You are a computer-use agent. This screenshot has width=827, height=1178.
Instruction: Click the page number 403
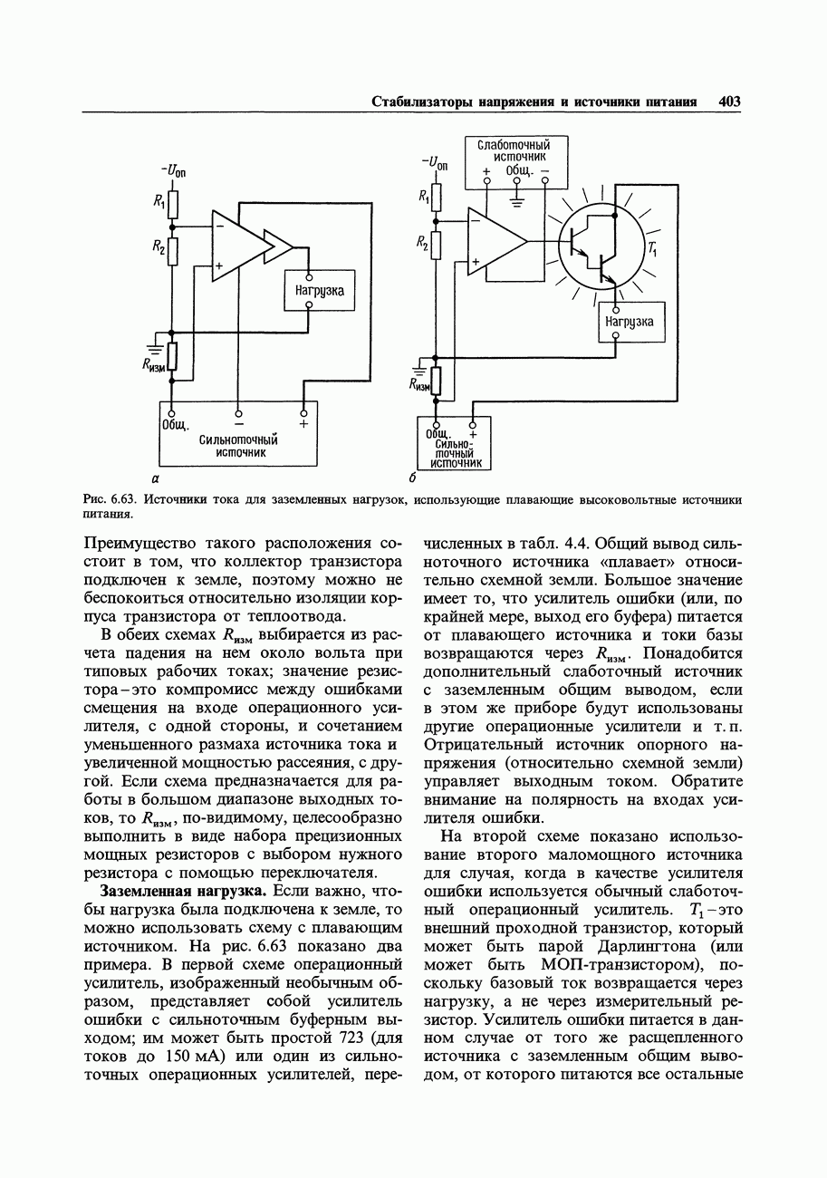pyautogui.click(x=729, y=101)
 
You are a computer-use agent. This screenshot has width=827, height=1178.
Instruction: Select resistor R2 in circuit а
pyautogui.click(x=173, y=248)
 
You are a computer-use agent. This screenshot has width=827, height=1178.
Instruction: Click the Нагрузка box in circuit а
pyautogui.click(x=319, y=291)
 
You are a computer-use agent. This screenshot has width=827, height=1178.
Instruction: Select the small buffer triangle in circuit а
pyautogui.click(x=276, y=246)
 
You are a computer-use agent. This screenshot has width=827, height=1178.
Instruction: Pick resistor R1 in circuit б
pyautogui.click(x=436, y=197)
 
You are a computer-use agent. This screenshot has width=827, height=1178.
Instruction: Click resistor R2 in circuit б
pyautogui.click(x=436, y=244)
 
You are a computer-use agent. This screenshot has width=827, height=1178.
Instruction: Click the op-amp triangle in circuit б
pyautogui.click(x=494, y=241)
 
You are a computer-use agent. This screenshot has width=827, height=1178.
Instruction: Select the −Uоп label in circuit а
pyautogui.click(x=173, y=169)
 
